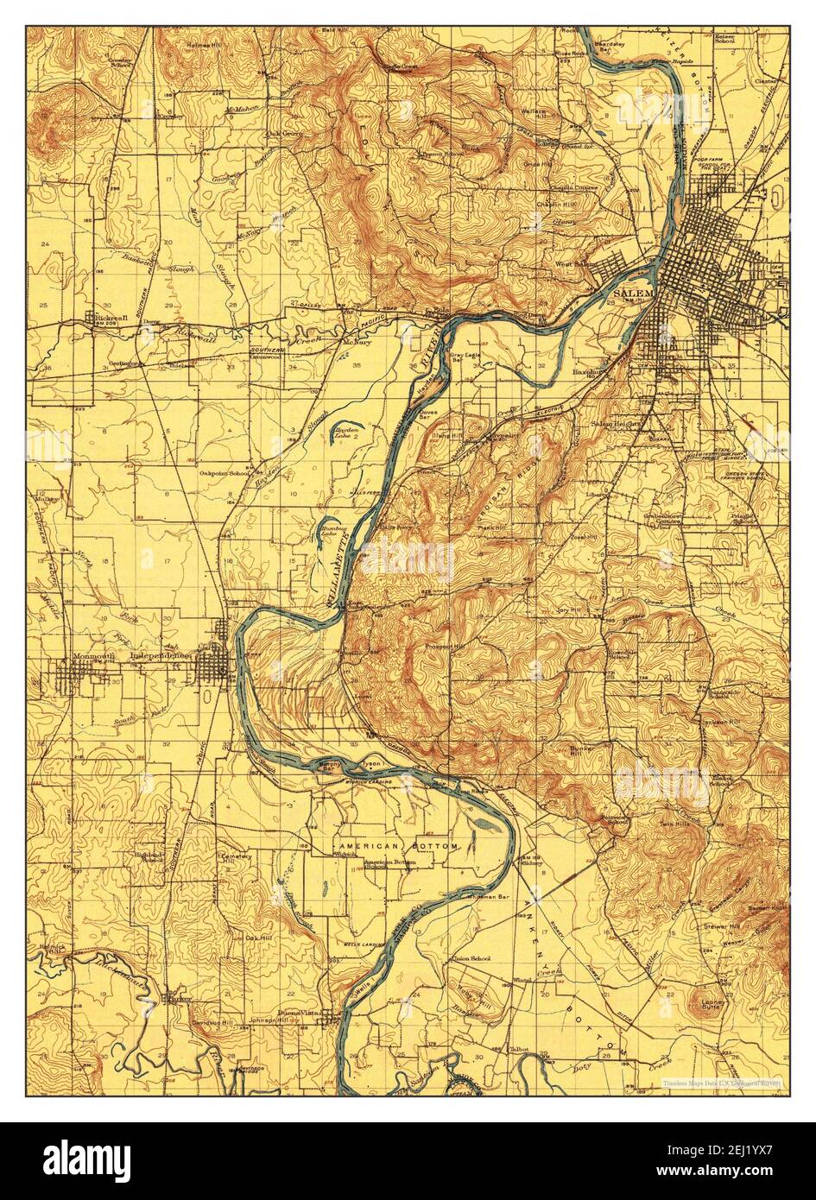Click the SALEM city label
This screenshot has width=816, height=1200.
point(633,294)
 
